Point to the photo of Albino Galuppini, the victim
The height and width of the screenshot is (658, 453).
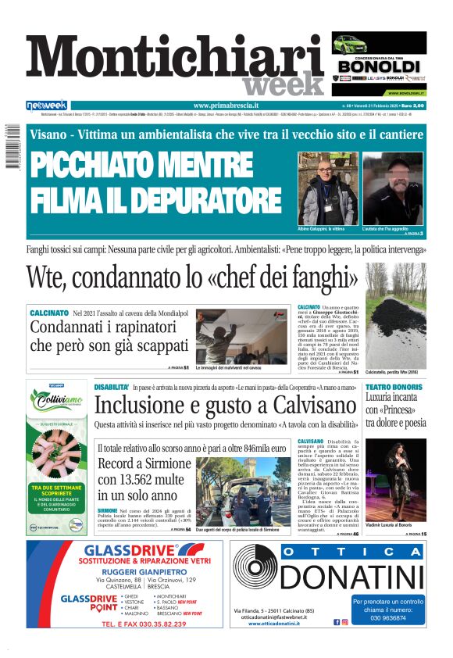[326, 188]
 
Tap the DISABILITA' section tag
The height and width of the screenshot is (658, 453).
[112, 387]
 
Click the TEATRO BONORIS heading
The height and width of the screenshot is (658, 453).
[395, 388]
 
